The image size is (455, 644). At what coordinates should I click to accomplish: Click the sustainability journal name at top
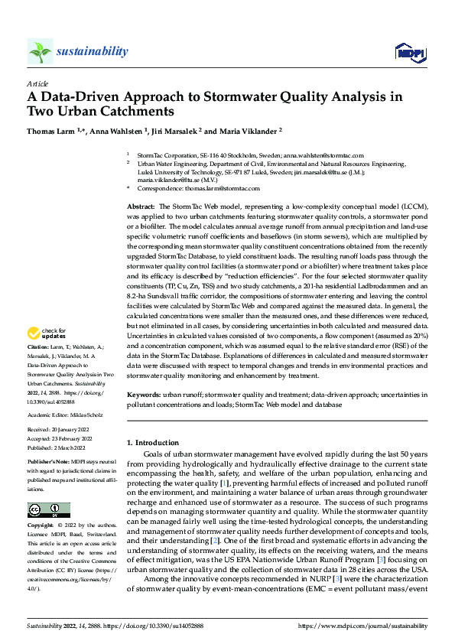pyautogui.click(x=92, y=51)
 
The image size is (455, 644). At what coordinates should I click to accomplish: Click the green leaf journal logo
pyautogui.click(x=39, y=51)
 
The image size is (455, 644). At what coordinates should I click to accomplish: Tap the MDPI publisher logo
pyautogui.click(x=406, y=52)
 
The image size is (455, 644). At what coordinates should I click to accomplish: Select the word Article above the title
pyautogui.click(x=37, y=83)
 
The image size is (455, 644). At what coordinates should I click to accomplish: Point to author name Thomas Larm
pyautogui.click(x=50, y=131)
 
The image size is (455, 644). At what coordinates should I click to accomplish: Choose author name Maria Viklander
pyautogui.click(x=248, y=131)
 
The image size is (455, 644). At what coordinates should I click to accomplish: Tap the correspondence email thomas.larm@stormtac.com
pyautogui.click(x=222, y=188)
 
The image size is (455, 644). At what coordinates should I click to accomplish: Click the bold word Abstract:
pyautogui.click(x=140, y=207)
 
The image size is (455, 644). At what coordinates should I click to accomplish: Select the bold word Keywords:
pyautogui.click(x=143, y=394)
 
